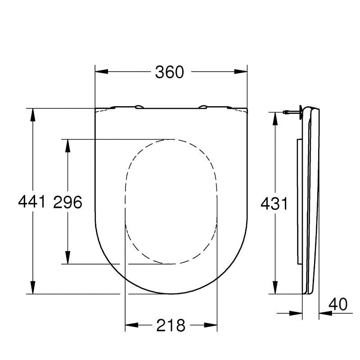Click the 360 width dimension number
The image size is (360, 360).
coord(170,72)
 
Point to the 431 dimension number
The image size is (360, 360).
coord(274,204)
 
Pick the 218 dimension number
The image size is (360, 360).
coord(171,325)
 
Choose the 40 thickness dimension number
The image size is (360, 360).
coord(338,305)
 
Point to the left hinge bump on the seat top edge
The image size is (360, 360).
coord(139,107)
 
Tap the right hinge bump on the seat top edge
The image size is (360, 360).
coord(203,107)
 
